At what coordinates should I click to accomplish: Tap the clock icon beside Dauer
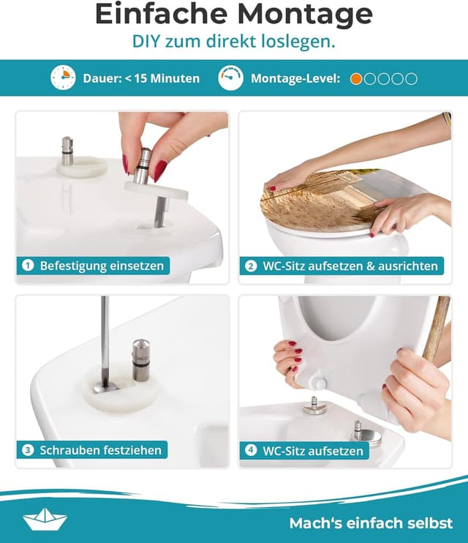pyautogui.click(x=63, y=78)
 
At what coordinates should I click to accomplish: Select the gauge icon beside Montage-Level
pyautogui.click(x=230, y=78)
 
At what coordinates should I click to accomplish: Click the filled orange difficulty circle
pyautogui.click(x=356, y=78)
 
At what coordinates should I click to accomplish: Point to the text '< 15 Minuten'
pyautogui.click(x=162, y=78)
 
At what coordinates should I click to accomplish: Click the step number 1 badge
pyautogui.click(x=28, y=266)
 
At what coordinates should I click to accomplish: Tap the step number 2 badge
pyautogui.click(x=251, y=266)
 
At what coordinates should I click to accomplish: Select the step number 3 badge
pyautogui.click(x=28, y=450)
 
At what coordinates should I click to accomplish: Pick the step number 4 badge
pyautogui.click(x=251, y=450)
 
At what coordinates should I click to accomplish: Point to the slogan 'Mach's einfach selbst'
pyautogui.click(x=371, y=523)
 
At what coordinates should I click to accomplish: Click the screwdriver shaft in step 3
pyautogui.click(x=105, y=337)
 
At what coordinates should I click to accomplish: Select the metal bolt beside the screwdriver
pyautogui.click(x=140, y=359)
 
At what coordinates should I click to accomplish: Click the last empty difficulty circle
pyautogui.click(x=412, y=78)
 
